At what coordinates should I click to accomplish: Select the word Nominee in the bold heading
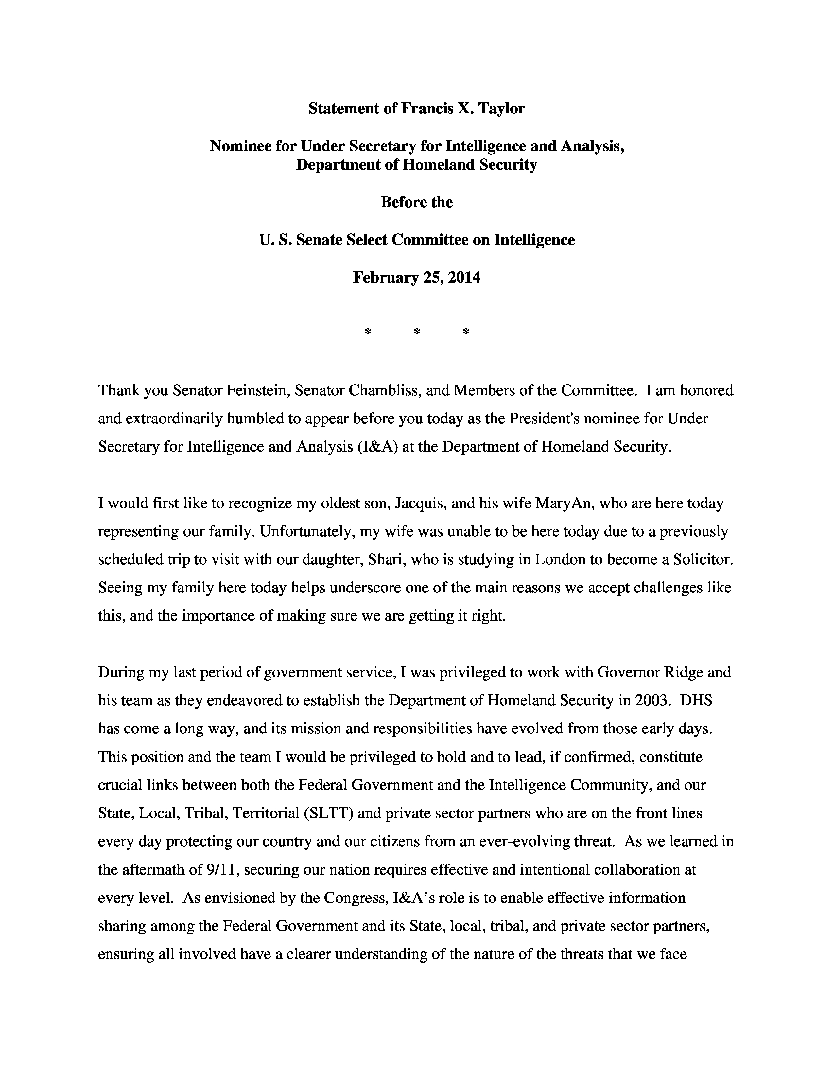click(237, 146)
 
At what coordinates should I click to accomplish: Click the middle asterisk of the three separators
click(417, 332)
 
